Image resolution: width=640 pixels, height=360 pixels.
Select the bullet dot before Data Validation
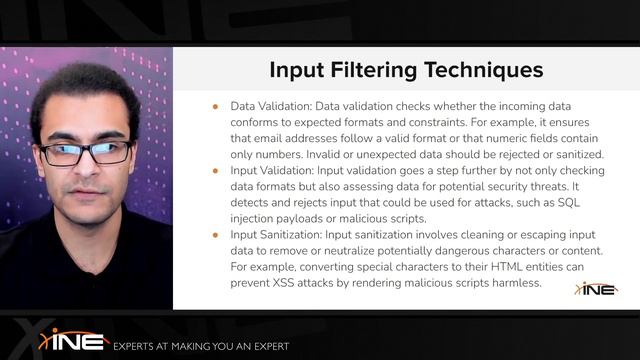point(215,105)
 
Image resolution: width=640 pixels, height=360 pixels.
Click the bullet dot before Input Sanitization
point(215,235)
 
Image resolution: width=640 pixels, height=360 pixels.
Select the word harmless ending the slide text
point(512,283)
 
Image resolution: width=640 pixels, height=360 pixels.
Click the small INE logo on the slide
point(596,288)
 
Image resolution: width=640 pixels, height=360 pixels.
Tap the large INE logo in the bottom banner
point(74,340)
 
